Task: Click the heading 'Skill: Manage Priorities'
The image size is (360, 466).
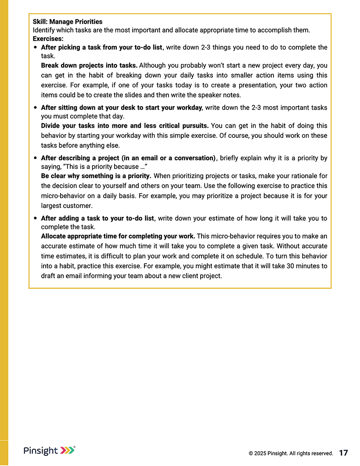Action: (x=68, y=21)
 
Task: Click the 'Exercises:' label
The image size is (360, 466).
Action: (x=48, y=39)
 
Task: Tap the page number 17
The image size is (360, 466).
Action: (x=343, y=453)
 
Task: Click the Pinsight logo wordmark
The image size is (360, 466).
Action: (x=41, y=451)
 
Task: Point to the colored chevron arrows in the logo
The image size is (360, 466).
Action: (x=67, y=450)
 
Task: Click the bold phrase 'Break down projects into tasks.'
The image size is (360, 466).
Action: (x=89, y=65)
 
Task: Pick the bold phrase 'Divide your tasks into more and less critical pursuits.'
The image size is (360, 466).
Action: (x=125, y=126)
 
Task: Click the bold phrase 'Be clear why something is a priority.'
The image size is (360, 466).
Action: (x=96, y=176)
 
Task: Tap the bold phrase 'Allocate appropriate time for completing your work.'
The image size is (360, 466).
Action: (x=118, y=237)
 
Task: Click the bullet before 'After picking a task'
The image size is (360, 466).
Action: (x=35, y=47)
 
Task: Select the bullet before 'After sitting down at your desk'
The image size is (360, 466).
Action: (x=35, y=108)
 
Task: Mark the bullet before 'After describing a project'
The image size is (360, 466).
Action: (x=35, y=158)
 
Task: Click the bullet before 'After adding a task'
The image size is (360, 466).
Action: (x=35, y=219)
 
